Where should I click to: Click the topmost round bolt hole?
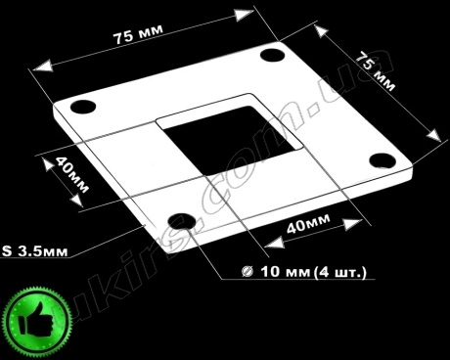(x=273, y=55)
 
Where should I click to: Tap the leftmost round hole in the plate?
(x=83, y=107)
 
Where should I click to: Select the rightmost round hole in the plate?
(x=383, y=160)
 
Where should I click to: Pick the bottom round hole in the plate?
(x=182, y=221)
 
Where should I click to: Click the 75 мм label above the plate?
(x=138, y=34)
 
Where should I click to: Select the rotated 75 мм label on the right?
(x=375, y=70)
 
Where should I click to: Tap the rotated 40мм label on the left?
(x=71, y=174)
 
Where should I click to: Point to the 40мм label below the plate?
(x=308, y=224)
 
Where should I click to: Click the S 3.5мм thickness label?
(x=35, y=251)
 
